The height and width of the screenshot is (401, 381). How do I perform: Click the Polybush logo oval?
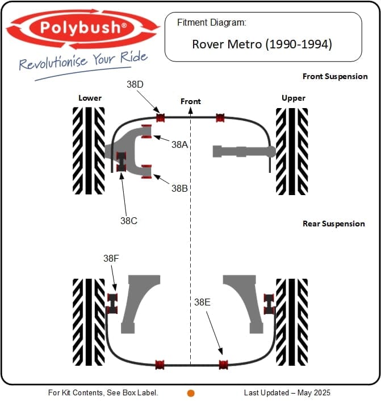pyautogui.click(x=83, y=28)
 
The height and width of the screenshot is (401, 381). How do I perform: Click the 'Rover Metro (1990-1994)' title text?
pyautogui.click(x=262, y=44)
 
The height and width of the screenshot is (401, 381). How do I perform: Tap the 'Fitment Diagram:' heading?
pyautogui.click(x=211, y=23)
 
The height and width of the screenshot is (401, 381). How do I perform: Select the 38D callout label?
pyautogui.click(x=135, y=84)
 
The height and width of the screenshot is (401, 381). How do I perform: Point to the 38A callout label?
pyautogui.click(x=179, y=144)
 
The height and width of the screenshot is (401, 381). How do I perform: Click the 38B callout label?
pyautogui.click(x=179, y=188)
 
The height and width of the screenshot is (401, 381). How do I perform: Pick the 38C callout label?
pyautogui.click(x=128, y=221)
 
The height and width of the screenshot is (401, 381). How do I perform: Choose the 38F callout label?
pyautogui.click(x=111, y=258)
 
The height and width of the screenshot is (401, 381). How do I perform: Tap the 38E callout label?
pyautogui.click(x=202, y=303)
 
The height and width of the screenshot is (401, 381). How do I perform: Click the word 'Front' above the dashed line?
pyautogui.click(x=191, y=101)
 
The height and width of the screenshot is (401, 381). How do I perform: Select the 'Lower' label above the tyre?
pyautogui.click(x=90, y=98)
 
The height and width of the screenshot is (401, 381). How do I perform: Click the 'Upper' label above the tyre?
pyautogui.click(x=294, y=98)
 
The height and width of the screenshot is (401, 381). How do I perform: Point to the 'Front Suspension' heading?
pyautogui.click(x=335, y=76)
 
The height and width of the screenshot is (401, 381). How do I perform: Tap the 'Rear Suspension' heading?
pyautogui.click(x=334, y=224)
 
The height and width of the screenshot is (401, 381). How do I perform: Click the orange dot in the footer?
pyautogui.click(x=191, y=392)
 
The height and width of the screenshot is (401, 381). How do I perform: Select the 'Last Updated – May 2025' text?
pyautogui.click(x=287, y=392)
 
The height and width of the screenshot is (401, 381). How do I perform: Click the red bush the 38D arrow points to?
pyautogui.click(x=160, y=118)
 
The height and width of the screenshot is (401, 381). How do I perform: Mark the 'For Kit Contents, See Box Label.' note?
pyautogui.click(x=103, y=392)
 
